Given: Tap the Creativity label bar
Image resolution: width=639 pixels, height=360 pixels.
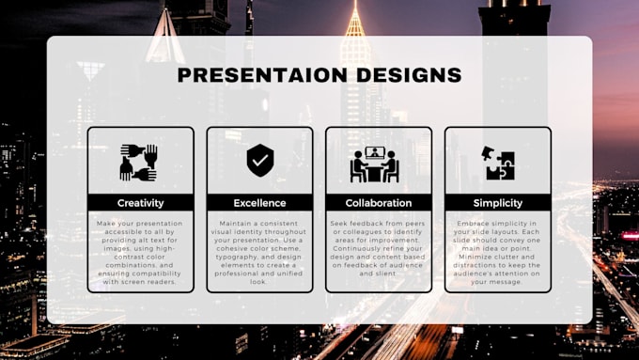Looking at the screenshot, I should tap(141, 202).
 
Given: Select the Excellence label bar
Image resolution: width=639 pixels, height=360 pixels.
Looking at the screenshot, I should tap(259, 202).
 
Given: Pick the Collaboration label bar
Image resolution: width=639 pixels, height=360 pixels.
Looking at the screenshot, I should tap(379, 202).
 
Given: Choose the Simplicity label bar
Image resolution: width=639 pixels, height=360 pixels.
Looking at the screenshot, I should tap(498, 202).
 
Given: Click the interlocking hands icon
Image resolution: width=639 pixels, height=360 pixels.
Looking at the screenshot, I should tap(139, 162).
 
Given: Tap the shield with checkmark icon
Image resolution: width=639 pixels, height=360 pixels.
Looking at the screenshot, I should tap(259, 161).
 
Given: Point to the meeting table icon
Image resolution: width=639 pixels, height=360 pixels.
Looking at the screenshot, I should tap(376, 164).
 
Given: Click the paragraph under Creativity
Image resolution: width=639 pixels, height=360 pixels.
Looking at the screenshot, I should tap(141, 252).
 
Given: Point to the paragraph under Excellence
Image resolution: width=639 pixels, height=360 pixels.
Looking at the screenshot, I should tap(259, 248).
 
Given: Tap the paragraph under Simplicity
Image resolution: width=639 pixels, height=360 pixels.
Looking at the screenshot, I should tap(498, 252).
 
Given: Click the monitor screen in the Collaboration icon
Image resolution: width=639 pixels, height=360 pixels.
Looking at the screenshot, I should tap(376, 153).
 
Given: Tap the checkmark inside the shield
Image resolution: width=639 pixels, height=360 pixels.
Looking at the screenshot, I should tap(259, 160).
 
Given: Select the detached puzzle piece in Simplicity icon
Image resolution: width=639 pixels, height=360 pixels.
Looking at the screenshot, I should tap(488, 153).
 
